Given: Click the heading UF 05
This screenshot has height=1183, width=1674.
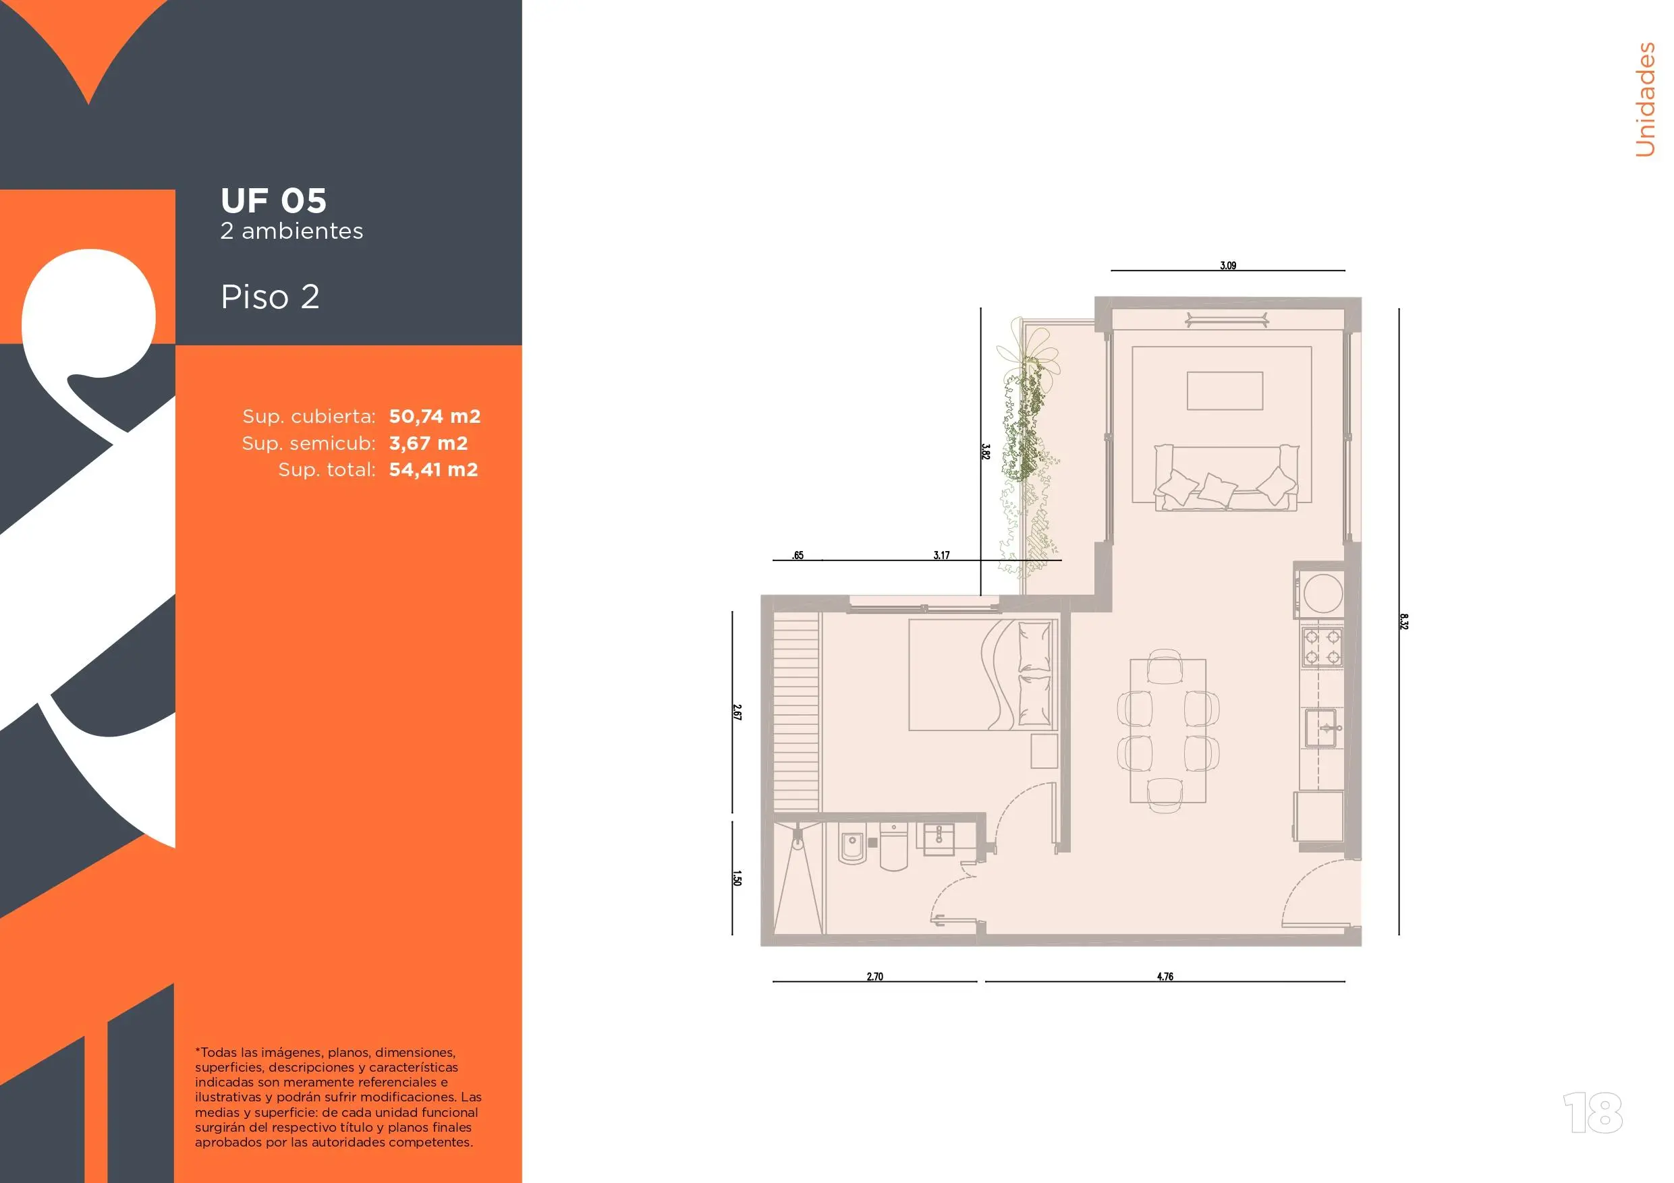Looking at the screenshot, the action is point(273,200).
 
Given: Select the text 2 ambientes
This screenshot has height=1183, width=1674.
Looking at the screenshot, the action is point(291,231).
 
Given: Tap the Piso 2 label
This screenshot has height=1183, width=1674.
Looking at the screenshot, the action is point(270,297).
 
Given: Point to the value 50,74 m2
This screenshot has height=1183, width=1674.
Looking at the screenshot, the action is point(435,416).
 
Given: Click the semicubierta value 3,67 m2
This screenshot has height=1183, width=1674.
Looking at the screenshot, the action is point(428,443).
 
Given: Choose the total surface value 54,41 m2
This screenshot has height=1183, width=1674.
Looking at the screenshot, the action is point(433,469).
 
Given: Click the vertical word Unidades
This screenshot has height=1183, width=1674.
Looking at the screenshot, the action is point(1645,99).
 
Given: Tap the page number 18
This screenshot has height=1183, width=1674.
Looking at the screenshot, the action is point(1593,1112).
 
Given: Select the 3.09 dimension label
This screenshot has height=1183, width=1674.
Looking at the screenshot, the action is point(1228,265).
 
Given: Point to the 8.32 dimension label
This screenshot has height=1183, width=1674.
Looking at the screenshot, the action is point(1403,622).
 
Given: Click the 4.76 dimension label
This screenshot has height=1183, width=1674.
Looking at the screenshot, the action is point(1165,976).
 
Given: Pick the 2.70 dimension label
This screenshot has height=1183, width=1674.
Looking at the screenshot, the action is point(875,976).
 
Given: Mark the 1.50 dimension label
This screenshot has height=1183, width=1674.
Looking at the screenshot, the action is point(737,878).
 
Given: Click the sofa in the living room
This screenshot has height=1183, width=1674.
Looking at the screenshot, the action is point(1225,478).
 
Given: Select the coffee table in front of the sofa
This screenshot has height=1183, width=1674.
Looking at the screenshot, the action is point(1225,391).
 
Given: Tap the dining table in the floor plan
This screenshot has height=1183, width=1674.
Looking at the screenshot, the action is point(1168,730).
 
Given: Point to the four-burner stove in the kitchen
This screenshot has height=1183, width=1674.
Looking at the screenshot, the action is point(1322,647).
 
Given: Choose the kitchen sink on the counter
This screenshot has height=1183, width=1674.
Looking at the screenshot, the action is point(1320,728).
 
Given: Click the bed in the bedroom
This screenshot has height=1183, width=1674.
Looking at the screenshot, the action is point(983,674).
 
